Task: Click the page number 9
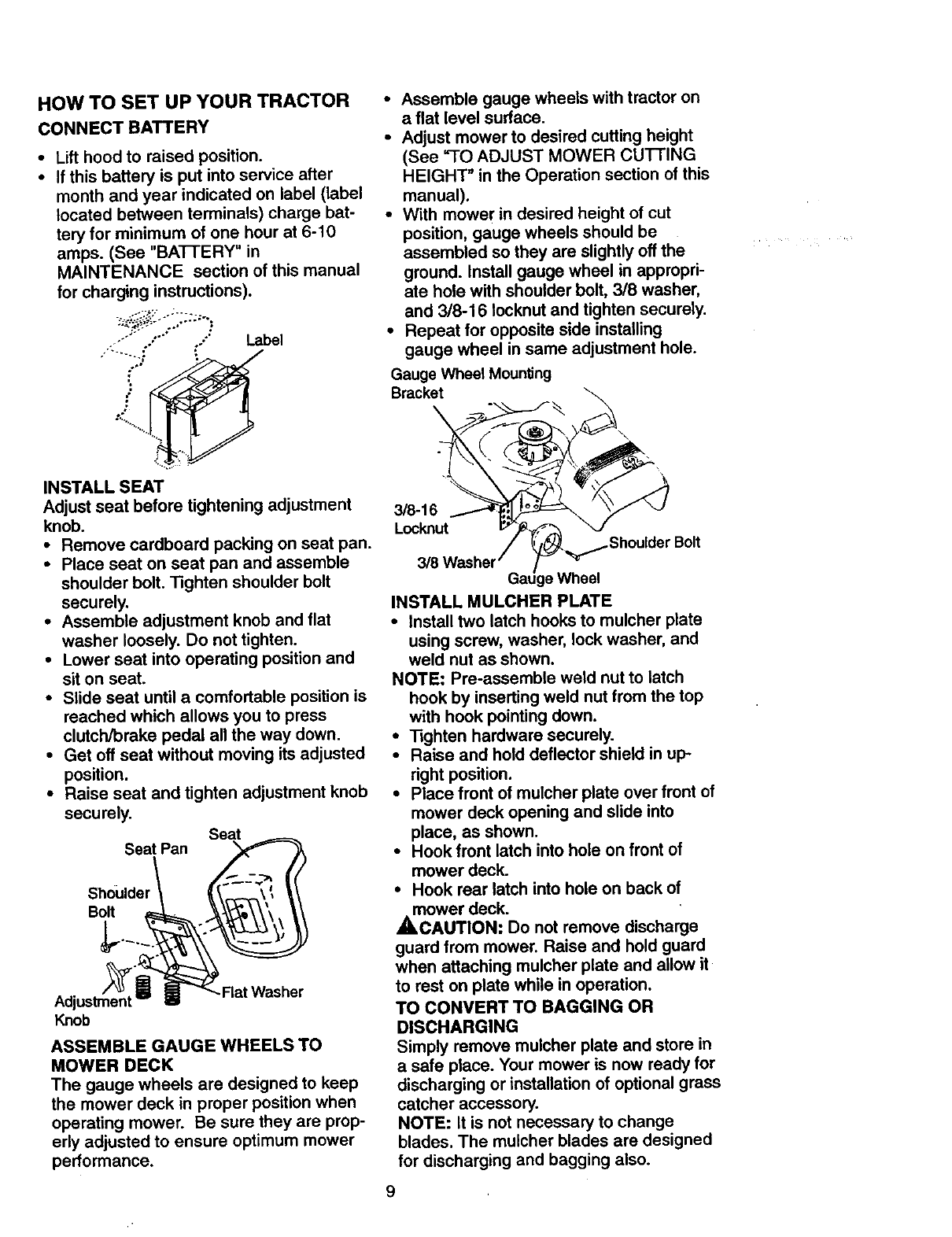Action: coord(391,1191)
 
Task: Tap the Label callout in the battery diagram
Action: coord(264,341)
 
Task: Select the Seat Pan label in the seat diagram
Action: coord(157,850)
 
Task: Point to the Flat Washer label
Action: coord(263,991)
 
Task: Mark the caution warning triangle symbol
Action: coord(402,928)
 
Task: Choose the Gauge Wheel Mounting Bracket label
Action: coord(470,382)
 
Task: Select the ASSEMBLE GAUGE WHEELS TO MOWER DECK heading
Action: coord(186,1055)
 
